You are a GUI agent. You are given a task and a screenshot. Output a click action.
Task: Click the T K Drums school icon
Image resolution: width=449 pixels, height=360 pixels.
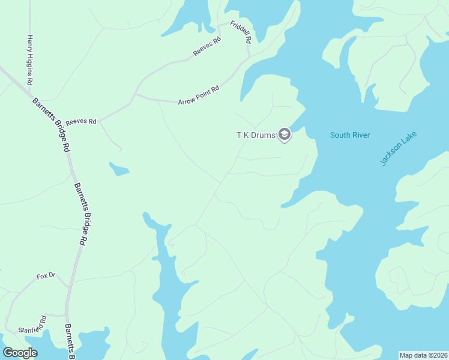[285, 135]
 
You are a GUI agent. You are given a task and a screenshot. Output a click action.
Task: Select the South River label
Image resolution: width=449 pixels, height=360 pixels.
[349, 135]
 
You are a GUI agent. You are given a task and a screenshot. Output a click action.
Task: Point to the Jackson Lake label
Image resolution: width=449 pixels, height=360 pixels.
[399, 148]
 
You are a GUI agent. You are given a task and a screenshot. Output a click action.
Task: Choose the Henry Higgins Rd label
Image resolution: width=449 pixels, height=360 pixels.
[29, 60]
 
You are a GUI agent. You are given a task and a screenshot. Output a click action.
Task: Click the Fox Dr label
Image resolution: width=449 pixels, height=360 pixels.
[46, 275]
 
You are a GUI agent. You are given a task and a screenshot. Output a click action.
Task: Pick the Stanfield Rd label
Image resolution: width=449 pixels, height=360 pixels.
[32, 325]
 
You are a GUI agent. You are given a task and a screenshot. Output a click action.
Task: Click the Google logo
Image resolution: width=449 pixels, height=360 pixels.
[20, 353]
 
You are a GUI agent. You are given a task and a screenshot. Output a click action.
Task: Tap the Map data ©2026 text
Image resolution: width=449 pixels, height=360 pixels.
[423, 355]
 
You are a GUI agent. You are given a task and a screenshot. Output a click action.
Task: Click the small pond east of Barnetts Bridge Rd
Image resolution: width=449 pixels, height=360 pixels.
[119, 170]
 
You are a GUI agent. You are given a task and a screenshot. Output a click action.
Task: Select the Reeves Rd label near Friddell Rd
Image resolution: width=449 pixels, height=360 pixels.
[207, 47]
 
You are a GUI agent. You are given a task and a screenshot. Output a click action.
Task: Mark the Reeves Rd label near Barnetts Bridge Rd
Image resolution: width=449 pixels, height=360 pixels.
[81, 122]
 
